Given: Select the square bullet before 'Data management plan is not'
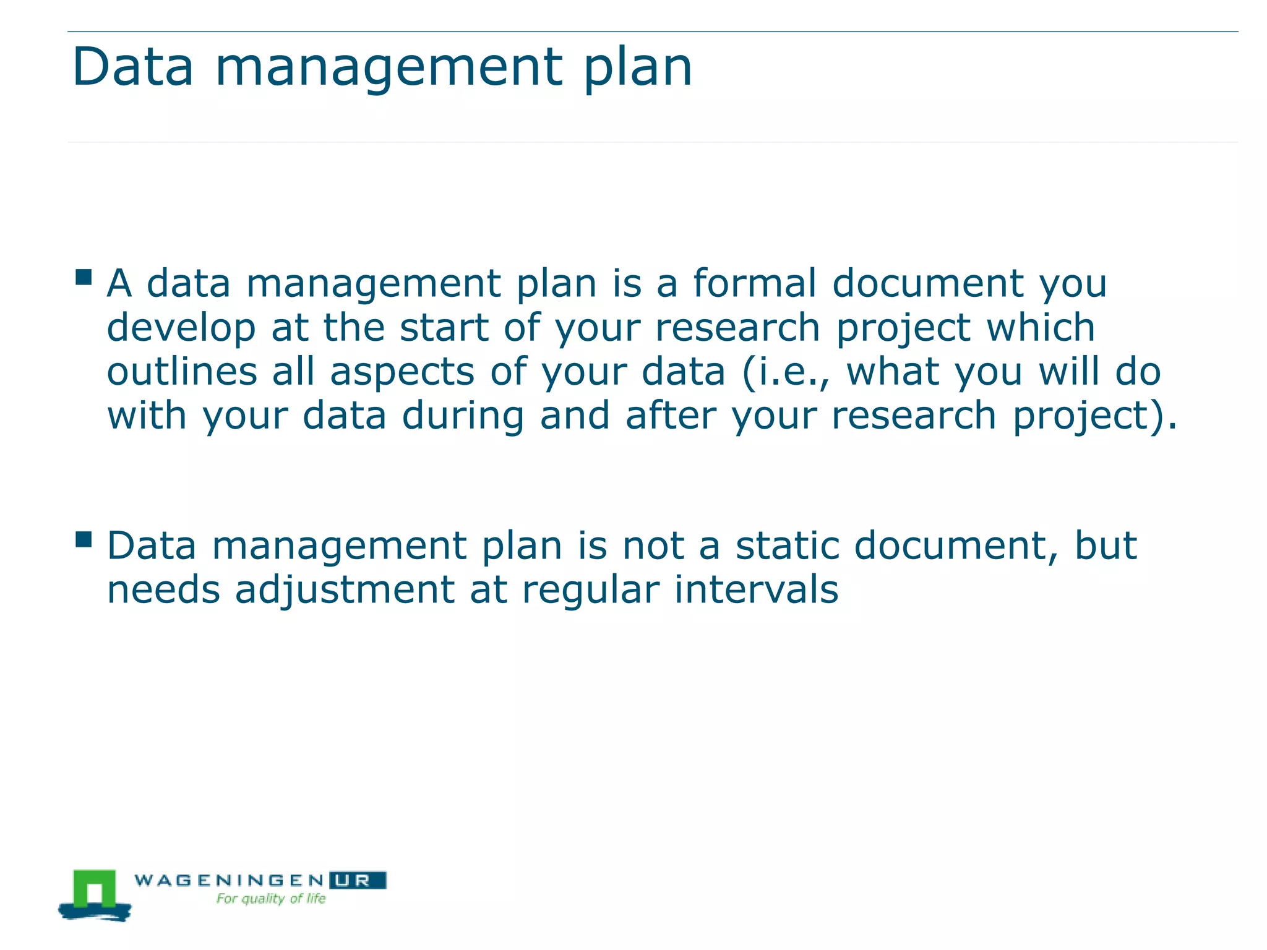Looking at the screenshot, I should tap(84, 540).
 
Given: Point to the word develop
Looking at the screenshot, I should tap(181, 329).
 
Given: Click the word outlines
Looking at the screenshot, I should tap(182, 372).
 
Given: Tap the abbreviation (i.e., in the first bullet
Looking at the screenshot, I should tap(786, 373).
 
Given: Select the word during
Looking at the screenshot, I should tap(463, 416).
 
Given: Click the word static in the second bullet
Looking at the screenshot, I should tap(787, 546).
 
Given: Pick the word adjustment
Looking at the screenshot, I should tap(345, 591).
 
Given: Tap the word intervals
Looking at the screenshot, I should tap(756, 590).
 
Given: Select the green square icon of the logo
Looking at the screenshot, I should tap(95, 890).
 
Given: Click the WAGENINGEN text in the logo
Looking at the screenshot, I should tap(229, 880).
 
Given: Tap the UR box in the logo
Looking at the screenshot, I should tap(358, 880).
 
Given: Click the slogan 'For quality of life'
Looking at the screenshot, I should tap(271, 899).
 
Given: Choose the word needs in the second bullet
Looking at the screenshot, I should tap(163, 590).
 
